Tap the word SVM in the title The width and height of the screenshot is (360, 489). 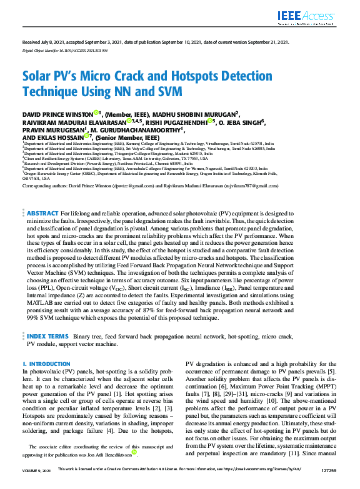169,92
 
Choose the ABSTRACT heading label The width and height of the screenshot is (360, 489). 42,214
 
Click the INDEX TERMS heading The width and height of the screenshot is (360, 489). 47,336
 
